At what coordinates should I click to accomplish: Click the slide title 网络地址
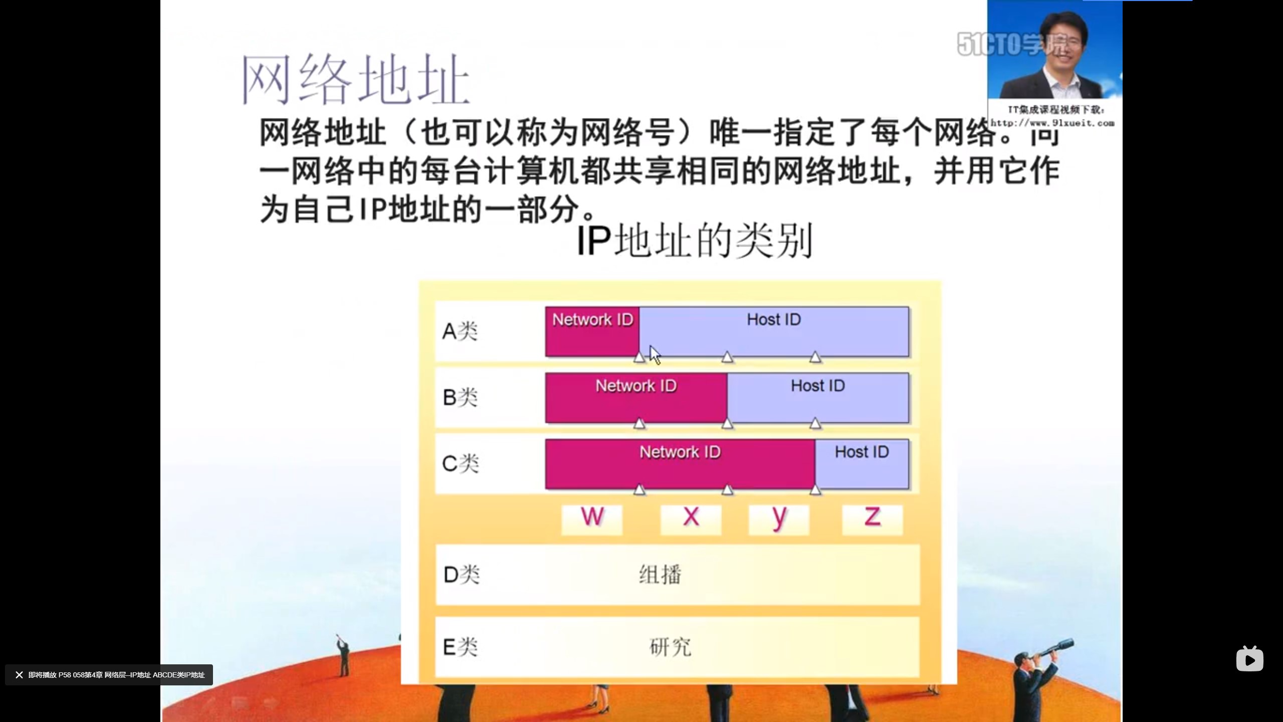coord(355,80)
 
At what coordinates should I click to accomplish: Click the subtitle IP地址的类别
coord(694,241)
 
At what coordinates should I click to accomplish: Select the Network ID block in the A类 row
coord(592,331)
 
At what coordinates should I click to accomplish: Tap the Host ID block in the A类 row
coord(774,331)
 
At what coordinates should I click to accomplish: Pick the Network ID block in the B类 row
coord(636,398)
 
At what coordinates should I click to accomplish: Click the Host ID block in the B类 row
coord(817,398)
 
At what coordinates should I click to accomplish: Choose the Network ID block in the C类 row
coord(680,464)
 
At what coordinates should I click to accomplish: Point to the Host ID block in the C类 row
coord(862,464)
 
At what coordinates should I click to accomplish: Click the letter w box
coord(592,519)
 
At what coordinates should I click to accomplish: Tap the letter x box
coord(691,519)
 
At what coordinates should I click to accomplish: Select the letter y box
coord(779,519)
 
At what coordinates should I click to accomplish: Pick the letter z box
coord(872,519)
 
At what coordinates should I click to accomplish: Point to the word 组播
coord(660,575)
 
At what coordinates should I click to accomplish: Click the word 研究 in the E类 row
coord(670,647)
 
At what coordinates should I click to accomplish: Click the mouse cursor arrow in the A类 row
coord(655,354)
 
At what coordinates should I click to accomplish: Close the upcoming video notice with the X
coord(19,675)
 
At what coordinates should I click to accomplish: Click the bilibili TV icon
coord(1249,659)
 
